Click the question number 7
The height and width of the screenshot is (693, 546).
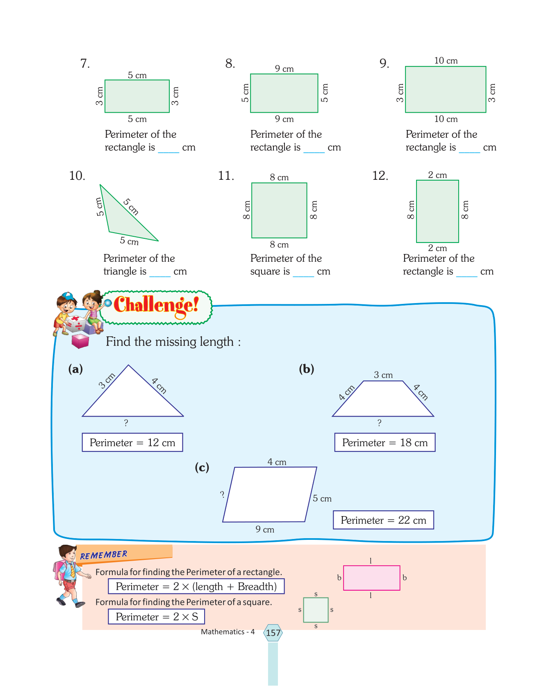point(85,63)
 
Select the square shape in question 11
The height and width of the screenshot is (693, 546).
point(279,210)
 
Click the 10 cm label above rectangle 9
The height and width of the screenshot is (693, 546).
point(446,61)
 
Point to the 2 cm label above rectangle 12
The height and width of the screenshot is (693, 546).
point(437,175)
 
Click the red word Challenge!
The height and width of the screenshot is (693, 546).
point(156,305)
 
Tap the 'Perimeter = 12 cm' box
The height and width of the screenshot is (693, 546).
point(132,442)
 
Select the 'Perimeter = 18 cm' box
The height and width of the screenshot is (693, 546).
point(385,442)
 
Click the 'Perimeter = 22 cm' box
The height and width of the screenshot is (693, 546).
point(383,520)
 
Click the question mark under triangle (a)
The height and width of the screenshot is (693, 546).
point(126,423)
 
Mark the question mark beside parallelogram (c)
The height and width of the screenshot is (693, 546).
point(222,494)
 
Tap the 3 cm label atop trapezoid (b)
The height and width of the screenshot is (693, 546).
point(383,375)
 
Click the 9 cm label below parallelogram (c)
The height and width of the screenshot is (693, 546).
point(265,529)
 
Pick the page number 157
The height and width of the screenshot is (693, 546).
point(273,633)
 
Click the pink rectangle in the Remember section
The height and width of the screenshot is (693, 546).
point(371,578)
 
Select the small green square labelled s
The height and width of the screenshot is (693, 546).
point(316,610)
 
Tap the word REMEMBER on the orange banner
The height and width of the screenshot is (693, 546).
point(104,555)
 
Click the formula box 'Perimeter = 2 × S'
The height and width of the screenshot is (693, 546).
point(156,616)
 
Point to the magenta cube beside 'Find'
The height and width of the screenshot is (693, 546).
point(80,341)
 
